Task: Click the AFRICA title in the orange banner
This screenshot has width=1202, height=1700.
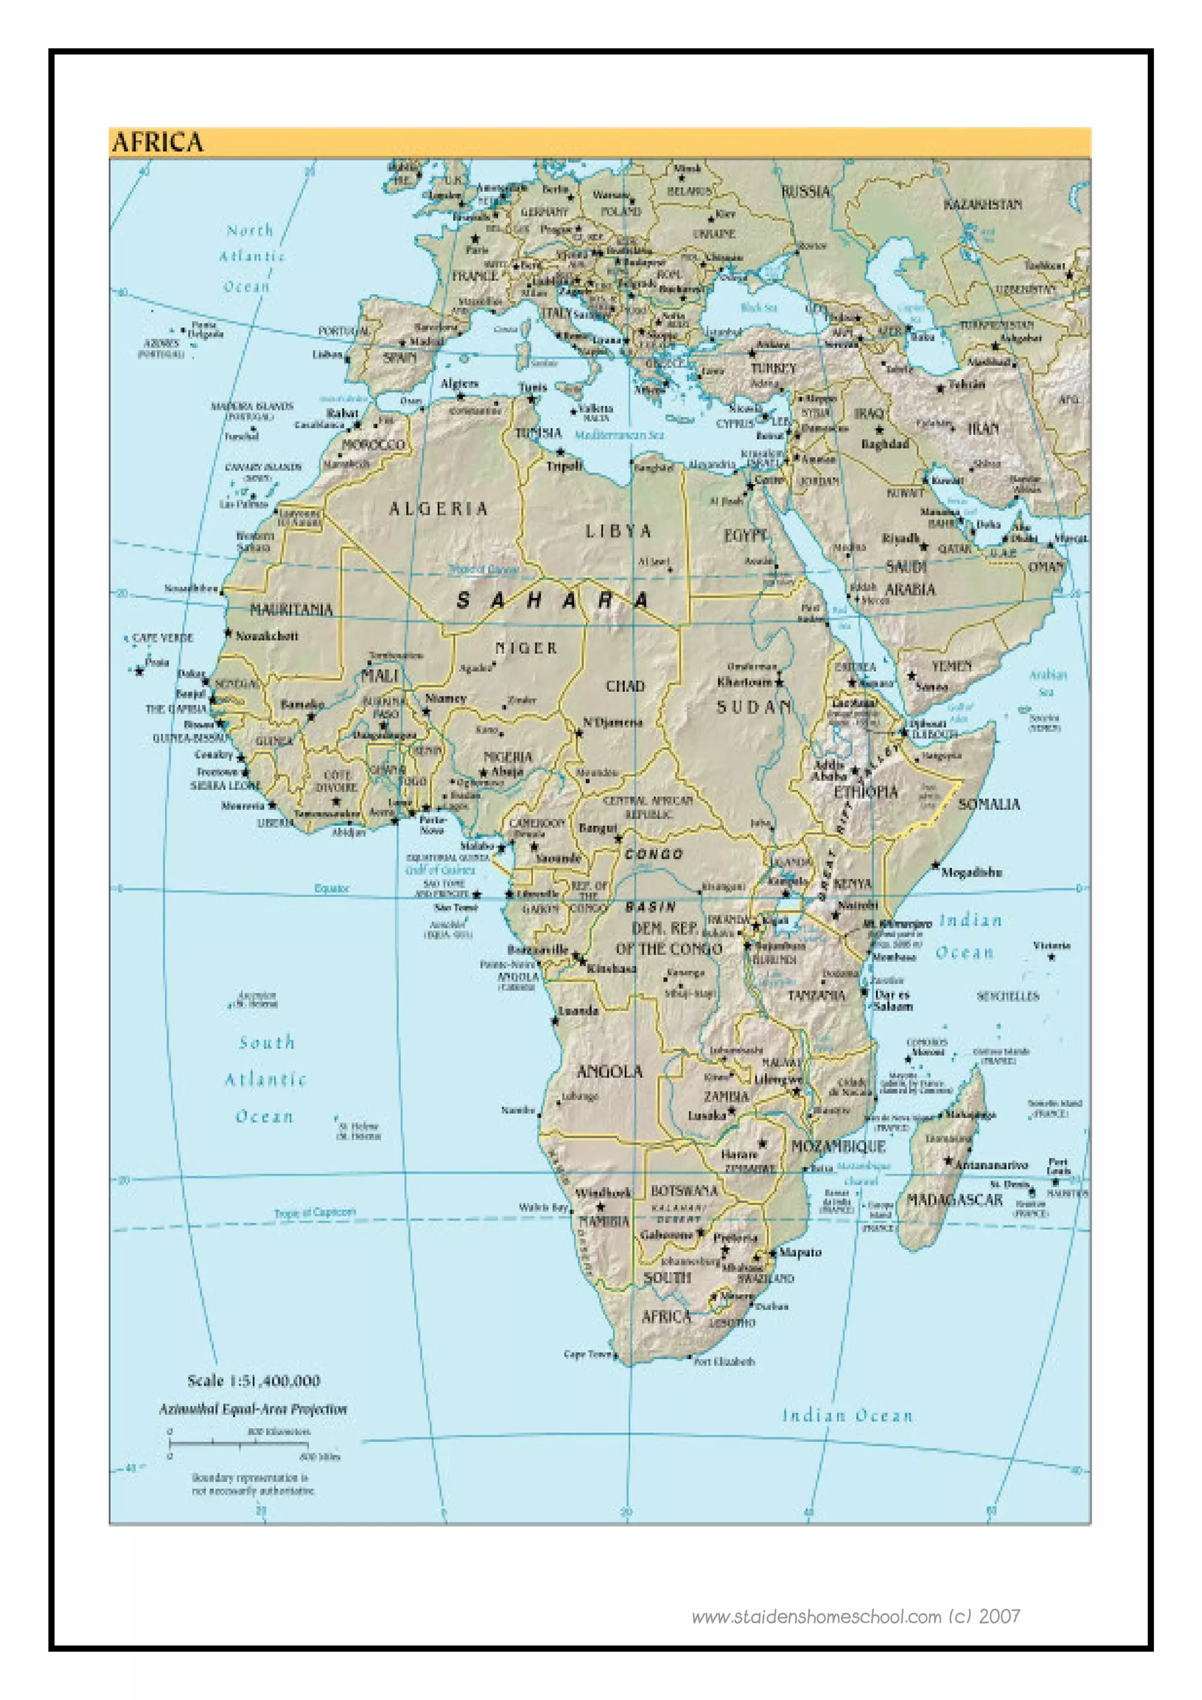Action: click(157, 142)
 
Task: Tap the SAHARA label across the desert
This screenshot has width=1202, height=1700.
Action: click(552, 600)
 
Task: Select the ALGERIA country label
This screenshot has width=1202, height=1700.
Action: click(439, 509)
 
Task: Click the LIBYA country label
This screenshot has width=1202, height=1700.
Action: click(619, 531)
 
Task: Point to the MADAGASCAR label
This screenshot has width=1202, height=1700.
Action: click(955, 1199)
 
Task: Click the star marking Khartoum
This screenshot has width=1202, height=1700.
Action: click(778, 681)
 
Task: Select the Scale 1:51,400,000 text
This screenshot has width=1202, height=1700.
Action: click(254, 1381)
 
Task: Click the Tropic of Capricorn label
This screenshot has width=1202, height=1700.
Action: click(315, 1212)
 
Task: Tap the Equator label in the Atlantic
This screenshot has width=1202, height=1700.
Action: click(331, 888)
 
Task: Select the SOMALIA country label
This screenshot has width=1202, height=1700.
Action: click(989, 803)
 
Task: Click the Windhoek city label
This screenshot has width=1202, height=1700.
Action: click(603, 1193)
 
